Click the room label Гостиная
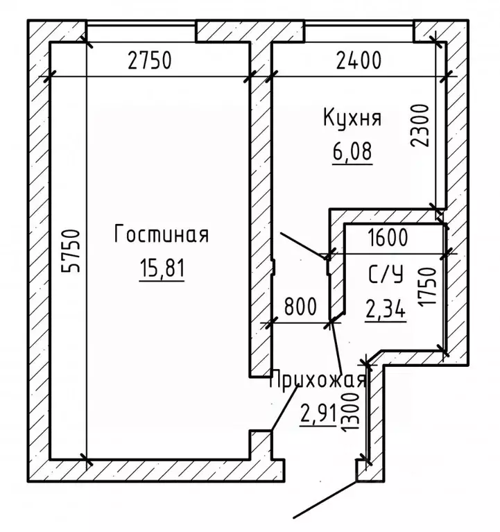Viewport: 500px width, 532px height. click(162, 234)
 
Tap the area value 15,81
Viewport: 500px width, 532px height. click(162, 267)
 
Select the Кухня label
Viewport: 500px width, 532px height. click(352, 119)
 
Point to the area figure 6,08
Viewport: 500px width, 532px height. click(352, 151)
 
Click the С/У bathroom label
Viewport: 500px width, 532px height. click(386, 274)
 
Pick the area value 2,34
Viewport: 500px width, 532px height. click(386, 308)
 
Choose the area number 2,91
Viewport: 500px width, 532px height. click(318, 414)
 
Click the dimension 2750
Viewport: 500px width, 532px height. click(150, 60)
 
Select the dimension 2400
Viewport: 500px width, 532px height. click(359, 60)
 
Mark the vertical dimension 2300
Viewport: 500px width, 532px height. click(420, 126)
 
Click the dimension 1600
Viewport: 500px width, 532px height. click(388, 237)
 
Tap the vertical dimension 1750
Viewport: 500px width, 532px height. click(426, 287)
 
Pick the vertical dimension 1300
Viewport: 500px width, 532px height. click(350, 413)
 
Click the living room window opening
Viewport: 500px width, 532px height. click(141, 31)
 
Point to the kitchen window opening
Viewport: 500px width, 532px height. click(359, 31)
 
